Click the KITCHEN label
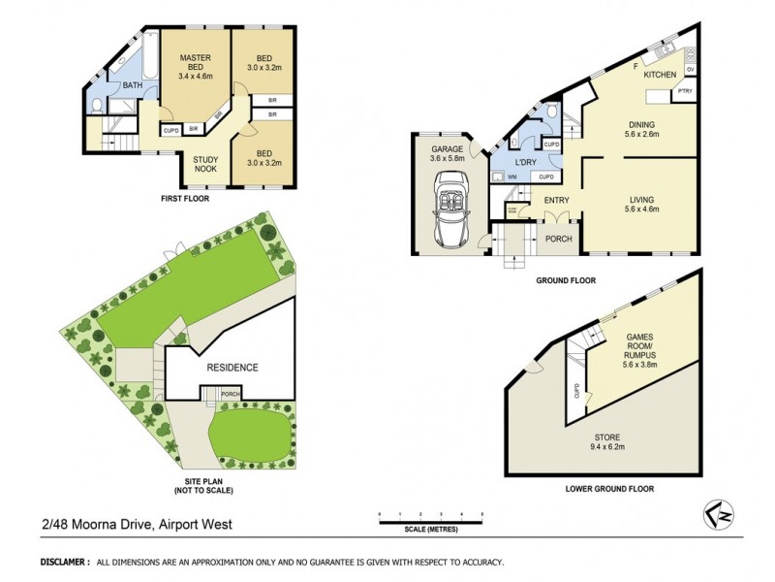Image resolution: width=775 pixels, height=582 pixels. (x=660, y=75)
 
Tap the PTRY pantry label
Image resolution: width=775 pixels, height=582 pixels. (x=684, y=93)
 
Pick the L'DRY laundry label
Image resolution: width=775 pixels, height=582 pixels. (x=526, y=161)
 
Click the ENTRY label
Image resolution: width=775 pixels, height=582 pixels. (x=556, y=201)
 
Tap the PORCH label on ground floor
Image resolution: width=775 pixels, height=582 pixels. (x=558, y=238)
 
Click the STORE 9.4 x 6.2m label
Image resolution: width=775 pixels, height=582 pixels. (x=607, y=442)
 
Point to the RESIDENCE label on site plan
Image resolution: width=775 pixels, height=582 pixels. (x=232, y=368)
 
